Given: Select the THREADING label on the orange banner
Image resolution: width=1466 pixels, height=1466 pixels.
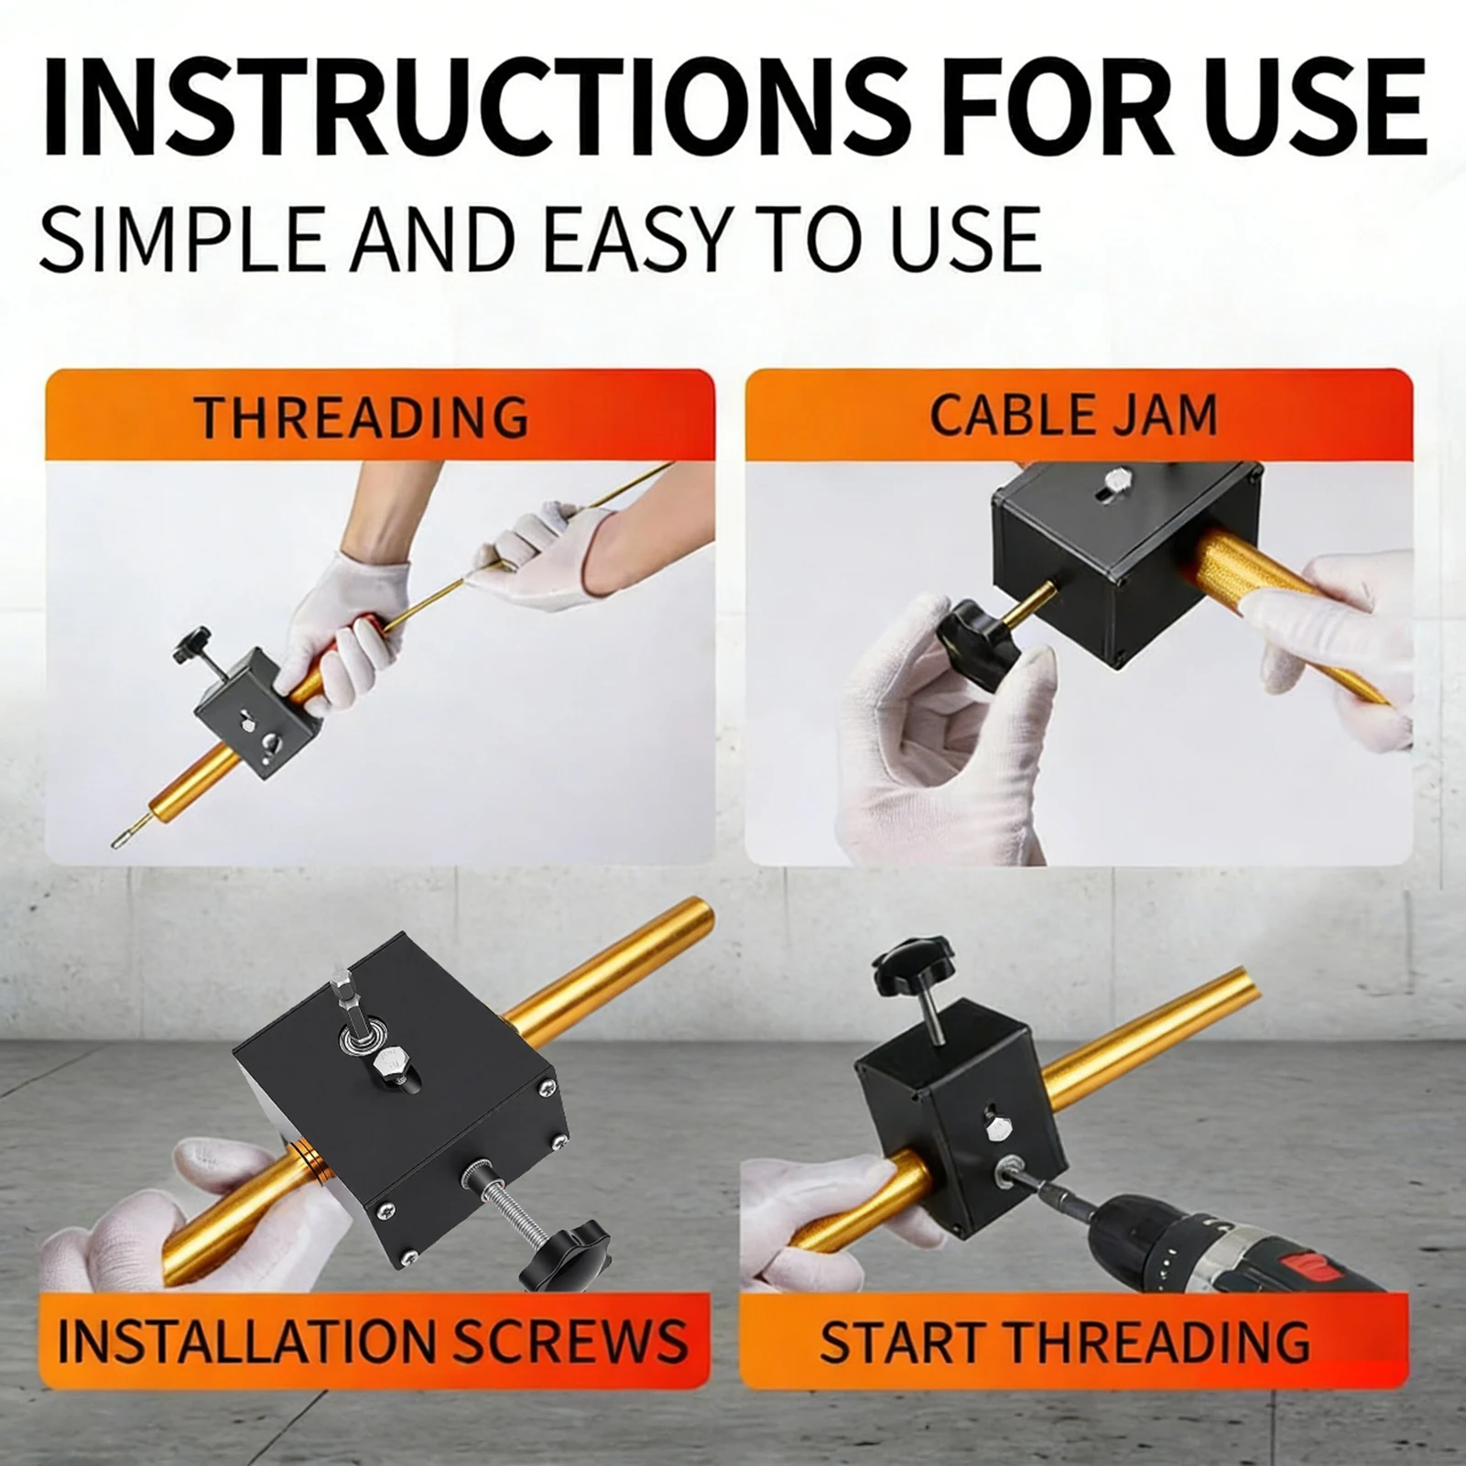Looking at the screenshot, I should point(363,417).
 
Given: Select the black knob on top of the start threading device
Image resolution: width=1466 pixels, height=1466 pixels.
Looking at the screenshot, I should point(907,962).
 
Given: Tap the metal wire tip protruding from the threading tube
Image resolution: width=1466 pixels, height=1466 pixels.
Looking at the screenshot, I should point(123,835).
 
